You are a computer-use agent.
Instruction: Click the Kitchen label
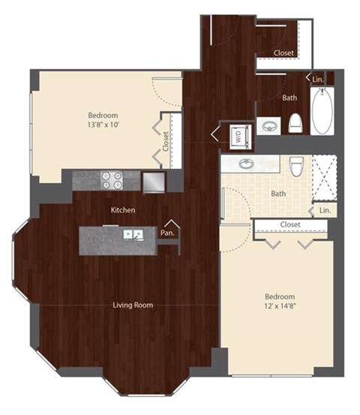tap(122, 210)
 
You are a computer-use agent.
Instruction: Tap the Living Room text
tap(133, 305)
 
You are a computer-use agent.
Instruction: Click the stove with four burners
tap(112, 180)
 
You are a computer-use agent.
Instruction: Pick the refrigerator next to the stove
tap(153, 182)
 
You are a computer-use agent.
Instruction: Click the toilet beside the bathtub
tap(295, 122)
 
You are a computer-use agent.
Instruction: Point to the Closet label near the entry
tap(283, 53)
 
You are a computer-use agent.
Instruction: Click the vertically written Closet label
tap(165, 140)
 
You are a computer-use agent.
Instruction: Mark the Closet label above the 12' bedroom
tap(290, 224)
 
